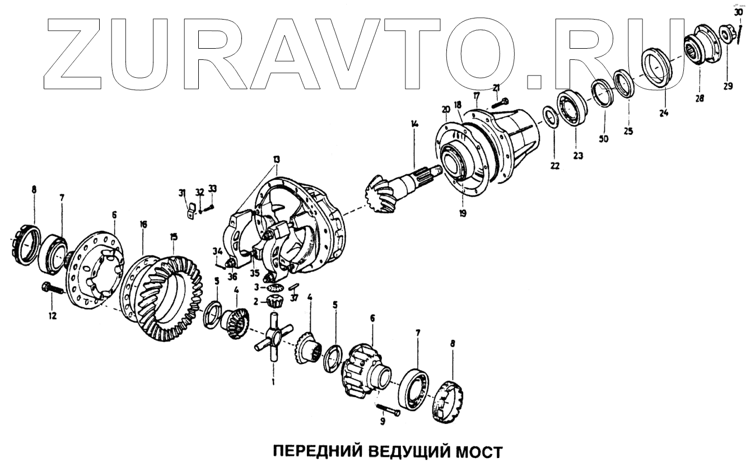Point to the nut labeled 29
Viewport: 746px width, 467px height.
click(727, 36)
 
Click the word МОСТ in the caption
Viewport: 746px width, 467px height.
click(472, 452)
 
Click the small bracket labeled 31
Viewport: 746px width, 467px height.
click(190, 212)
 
